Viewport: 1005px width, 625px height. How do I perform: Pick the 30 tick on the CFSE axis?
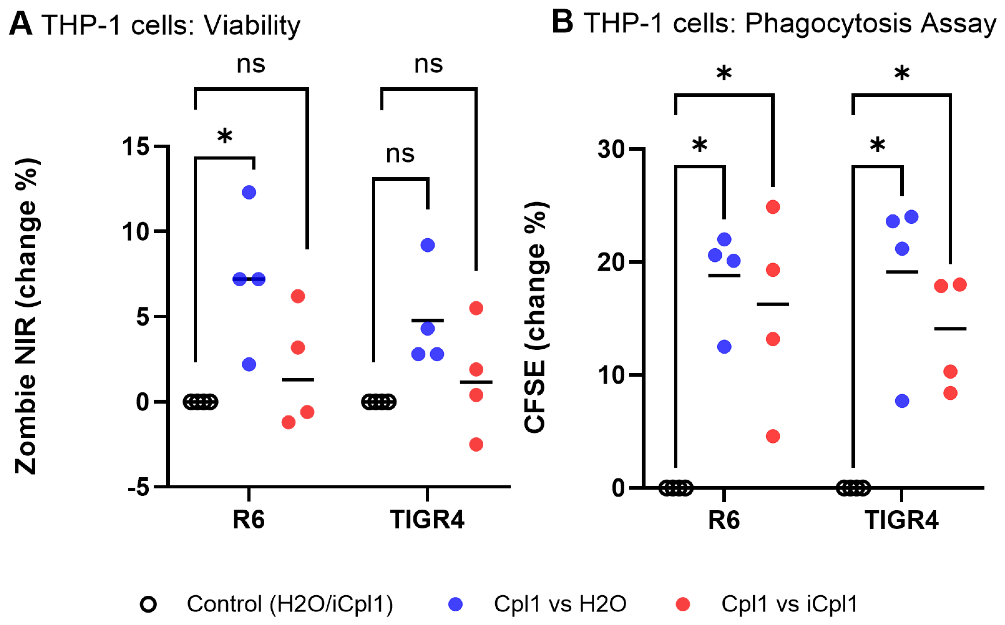(611, 149)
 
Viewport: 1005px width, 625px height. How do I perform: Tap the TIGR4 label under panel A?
(427, 520)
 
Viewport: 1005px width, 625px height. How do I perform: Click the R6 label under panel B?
(724, 520)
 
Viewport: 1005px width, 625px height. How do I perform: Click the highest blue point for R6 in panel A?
(249, 192)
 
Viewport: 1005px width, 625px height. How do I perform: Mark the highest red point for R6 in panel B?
(773, 207)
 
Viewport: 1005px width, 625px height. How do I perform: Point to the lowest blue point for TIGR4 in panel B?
(902, 400)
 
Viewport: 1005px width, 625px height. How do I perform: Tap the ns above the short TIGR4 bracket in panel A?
(400, 154)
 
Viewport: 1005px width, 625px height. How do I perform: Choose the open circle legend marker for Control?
(148, 604)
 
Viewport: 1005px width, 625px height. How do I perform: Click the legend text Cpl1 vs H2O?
(560, 604)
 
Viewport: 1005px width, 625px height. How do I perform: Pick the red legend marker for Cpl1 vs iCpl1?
(682, 604)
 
